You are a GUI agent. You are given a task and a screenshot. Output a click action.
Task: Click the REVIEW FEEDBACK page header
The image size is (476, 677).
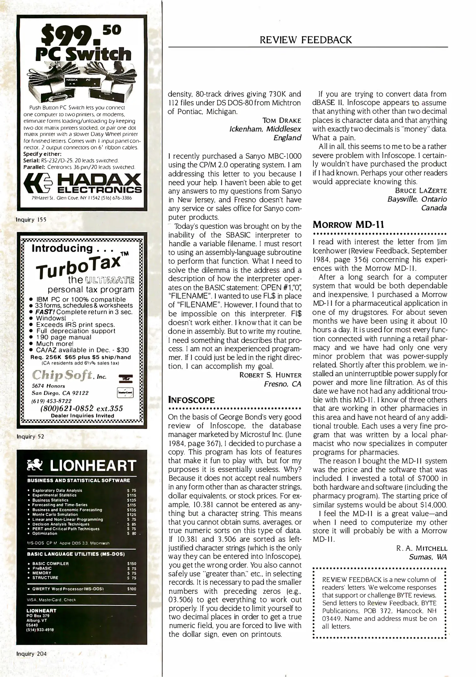[306, 40]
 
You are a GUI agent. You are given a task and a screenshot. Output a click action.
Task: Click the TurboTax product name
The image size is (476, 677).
[78, 264]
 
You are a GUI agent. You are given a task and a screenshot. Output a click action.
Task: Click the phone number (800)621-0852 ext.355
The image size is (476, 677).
[81, 408]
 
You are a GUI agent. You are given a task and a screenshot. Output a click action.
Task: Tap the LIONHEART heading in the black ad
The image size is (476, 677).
[93, 466]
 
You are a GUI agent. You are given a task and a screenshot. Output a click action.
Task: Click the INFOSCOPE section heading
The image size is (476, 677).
[191, 400]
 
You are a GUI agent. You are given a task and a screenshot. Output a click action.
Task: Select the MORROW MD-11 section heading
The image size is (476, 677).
[348, 225]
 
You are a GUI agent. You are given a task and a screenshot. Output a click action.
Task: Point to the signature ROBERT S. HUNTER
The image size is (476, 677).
[270, 375]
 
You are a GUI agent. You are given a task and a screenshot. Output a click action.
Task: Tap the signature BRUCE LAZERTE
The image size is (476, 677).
[421, 191]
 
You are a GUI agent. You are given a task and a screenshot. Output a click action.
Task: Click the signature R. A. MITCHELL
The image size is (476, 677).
[422, 548]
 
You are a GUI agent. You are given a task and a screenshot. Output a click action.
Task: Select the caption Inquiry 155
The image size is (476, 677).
[31, 220]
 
